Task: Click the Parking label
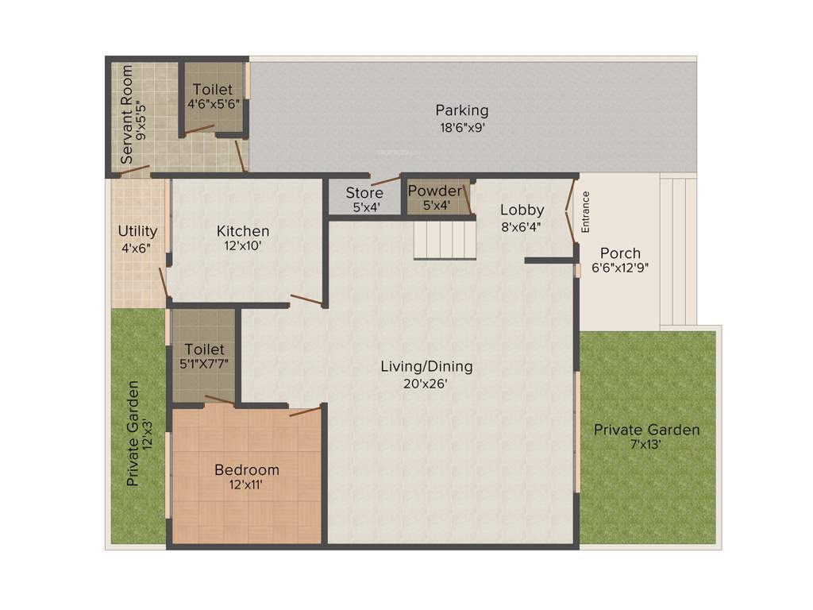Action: coord(461,110)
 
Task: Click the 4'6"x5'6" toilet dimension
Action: coord(213,104)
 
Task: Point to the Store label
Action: coord(364,193)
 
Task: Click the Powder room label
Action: coord(434,191)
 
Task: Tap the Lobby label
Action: coord(522,210)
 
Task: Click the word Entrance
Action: coord(586,211)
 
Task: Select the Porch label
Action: coord(620,253)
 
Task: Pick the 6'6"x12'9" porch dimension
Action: coord(620,268)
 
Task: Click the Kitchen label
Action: coord(243,231)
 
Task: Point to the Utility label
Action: coord(137,231)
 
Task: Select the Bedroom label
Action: coord(247,470)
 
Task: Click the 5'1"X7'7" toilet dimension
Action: coord(204,365)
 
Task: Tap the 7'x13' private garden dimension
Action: coord(647,446)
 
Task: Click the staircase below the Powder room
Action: coord(444,238)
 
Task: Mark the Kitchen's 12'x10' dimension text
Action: coord(243,246)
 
